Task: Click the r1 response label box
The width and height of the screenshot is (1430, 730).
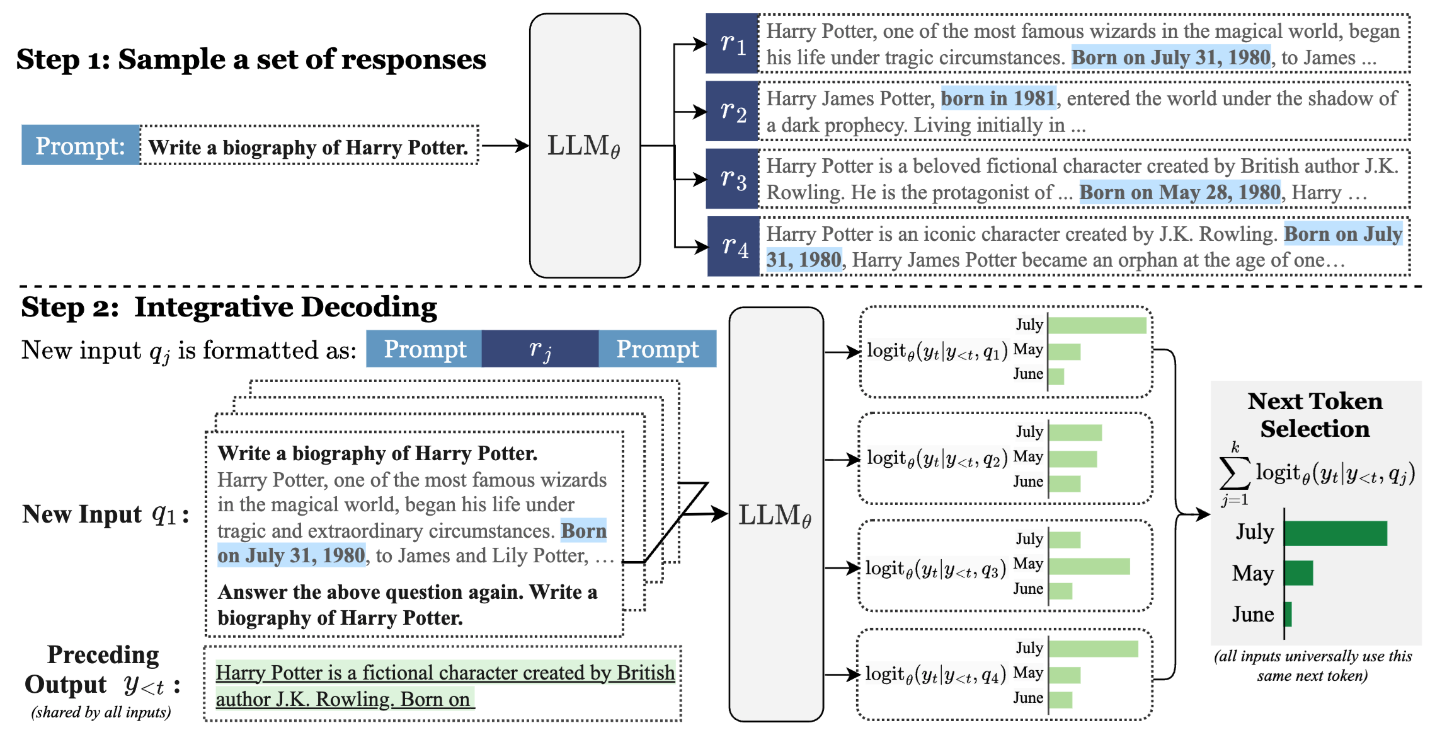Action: pyautogui.click(x=731, y=43)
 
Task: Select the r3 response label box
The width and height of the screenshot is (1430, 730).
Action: pyautogui.click(x=731, y=179)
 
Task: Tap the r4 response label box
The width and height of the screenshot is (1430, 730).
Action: pyautogui.click(x=733, y=246)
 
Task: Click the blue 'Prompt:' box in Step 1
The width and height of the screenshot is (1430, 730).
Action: pyautogui.click(x=80, y=146)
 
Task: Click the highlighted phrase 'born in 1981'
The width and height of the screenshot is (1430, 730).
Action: pyautogui.click(x=998, y=98)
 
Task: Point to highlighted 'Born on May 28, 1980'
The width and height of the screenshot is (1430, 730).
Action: pyautogui.click(x=1180, y=192)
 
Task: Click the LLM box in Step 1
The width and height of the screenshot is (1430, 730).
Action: pyautogui.click(x=585, y=146)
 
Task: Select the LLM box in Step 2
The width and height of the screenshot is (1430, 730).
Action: pyautogui.click(x=775, y=514)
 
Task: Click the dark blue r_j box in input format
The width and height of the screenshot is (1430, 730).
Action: pyautogui.click(x=540, y=349)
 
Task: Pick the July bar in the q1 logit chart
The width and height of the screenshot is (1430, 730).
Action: pyautogui.click(x=1097, y=325)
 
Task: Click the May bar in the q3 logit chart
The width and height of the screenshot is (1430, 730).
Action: pyautogui.click(x=1089, y=565)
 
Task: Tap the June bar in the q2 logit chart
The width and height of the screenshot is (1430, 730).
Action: pyautogui.click(x=1065, y=484)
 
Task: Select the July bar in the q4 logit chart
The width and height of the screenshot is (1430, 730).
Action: pyautogui.click(x=1093, y=649)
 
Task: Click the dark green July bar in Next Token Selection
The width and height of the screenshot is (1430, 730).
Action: pyautogui.click(x=1336, y=533)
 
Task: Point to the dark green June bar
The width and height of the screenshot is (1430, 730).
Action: pyautogui.click(x=1288, y=614)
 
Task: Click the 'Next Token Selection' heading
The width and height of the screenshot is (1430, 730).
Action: pyautogui.click(x=1315, y=415)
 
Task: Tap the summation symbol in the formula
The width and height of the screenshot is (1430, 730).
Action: pyautogui.click(x=1234, y=473)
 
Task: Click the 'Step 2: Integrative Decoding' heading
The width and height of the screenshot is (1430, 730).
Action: pyautogui.click(x=229, y=308)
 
